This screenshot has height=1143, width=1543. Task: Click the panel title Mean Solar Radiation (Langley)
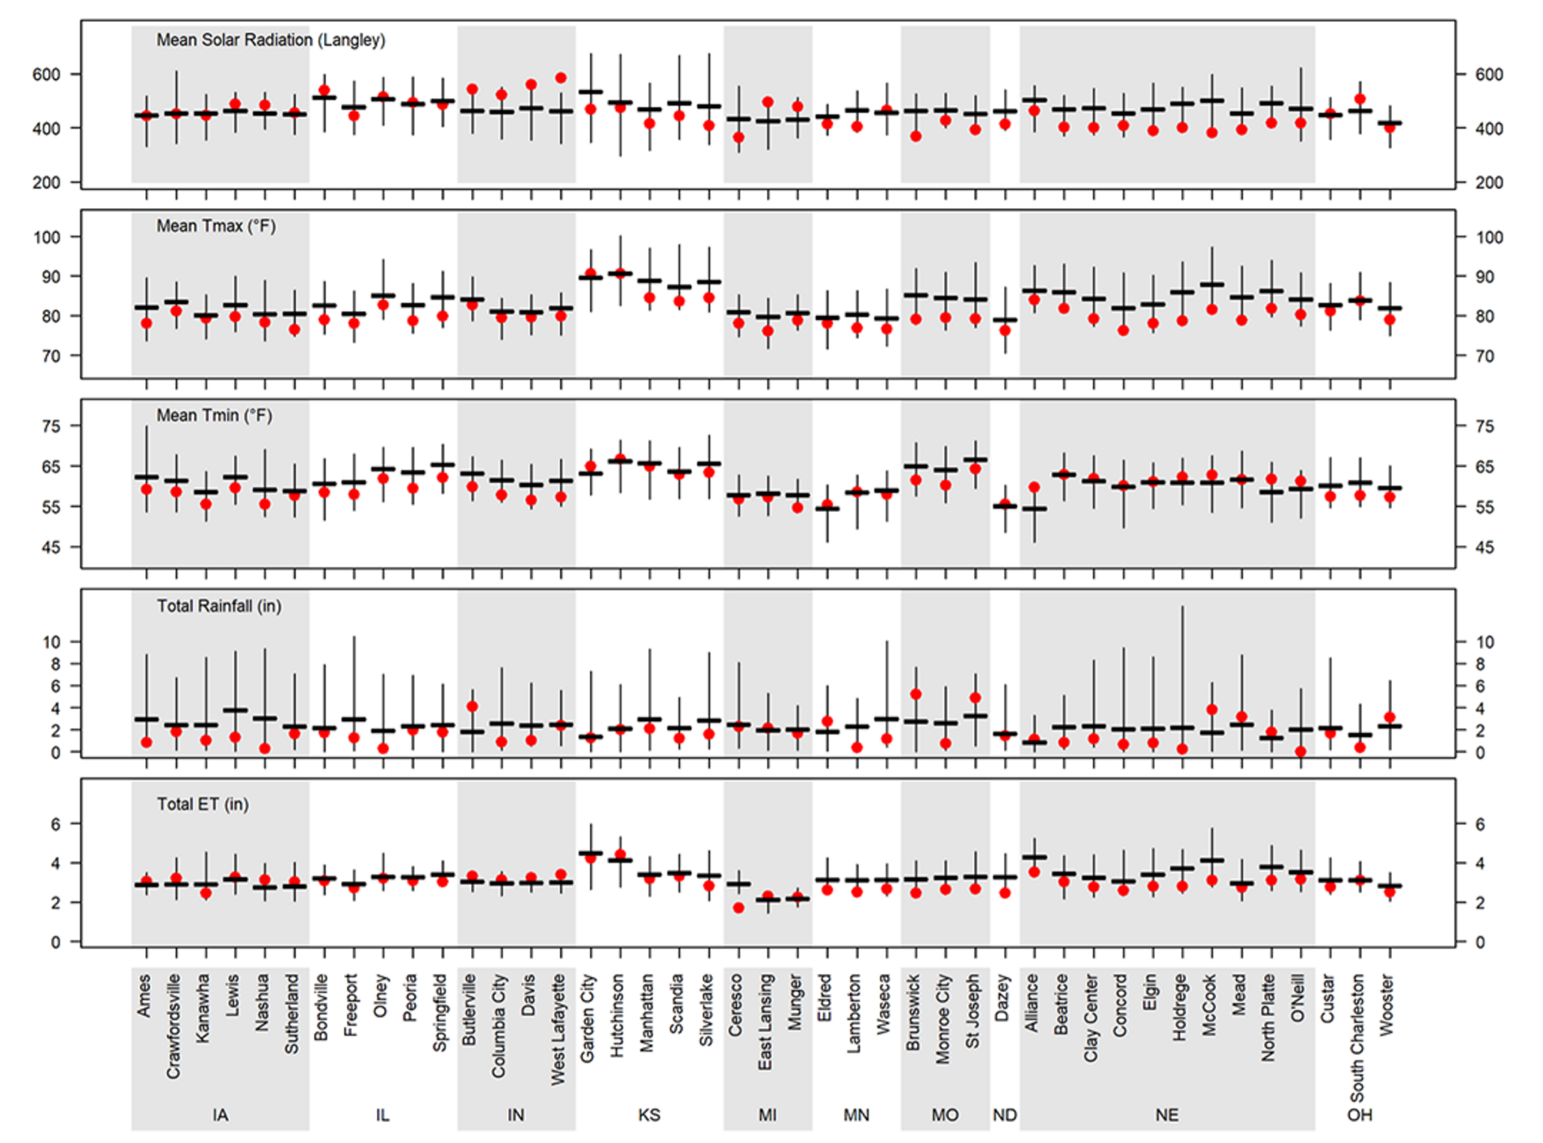[x=270, y=40]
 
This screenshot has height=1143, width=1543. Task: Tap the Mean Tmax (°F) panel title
[x=215, y=227]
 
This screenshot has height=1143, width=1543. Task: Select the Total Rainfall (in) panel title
[x=219, y=606]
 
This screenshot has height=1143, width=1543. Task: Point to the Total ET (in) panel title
[x=203, y=805]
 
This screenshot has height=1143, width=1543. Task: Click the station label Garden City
[x=587, y=1018]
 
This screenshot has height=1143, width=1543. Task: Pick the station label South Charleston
[x=1357, y=1038]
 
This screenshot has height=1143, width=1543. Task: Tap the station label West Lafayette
[x=559, y=1030]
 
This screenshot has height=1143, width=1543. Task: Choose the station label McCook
[x=1210, y=1005]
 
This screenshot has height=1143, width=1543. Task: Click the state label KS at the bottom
[x=649, y=1116]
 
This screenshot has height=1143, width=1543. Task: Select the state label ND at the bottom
[x=1005, y=1116]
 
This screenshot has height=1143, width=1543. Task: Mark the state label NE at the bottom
[x=1167, y=1116]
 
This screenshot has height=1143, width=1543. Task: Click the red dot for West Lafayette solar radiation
[x=561, y=78]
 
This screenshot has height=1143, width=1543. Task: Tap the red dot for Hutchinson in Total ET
[x=620, y=854]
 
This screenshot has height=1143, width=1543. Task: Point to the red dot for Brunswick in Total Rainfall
[x=915, y=694]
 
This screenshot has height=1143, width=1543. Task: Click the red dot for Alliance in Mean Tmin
[x=1034, y=487]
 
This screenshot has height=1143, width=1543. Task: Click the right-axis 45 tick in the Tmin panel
[x=1484, y=547]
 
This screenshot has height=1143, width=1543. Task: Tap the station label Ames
[x=144, y=996]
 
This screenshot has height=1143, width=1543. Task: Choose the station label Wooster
[x=1387, y=1005]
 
